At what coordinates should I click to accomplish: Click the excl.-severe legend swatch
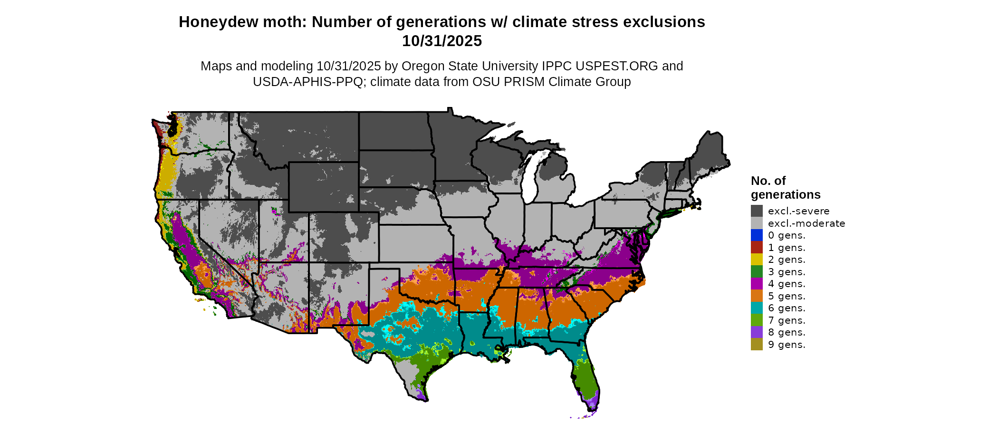click(757, 211)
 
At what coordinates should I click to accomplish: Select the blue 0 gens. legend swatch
click(757, 235)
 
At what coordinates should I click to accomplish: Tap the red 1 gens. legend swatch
click(757, 248)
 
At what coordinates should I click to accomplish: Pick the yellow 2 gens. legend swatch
click(757, 260)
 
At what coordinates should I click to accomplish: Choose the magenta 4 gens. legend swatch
click(757, 284)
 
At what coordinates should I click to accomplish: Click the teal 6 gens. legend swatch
click(757, 308)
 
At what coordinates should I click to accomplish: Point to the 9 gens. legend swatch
click(757, 345)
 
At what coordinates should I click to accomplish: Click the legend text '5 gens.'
click(787, 296)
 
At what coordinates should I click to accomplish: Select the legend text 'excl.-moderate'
click(806, 223)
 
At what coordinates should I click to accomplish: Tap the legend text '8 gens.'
click(787, 332)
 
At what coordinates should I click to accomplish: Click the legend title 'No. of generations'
click(785, 188)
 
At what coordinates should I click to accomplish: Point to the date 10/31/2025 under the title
click(442, 41)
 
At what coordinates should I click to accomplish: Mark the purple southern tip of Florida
click(591, 404)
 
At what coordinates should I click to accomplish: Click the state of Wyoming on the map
click(323, 186)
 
